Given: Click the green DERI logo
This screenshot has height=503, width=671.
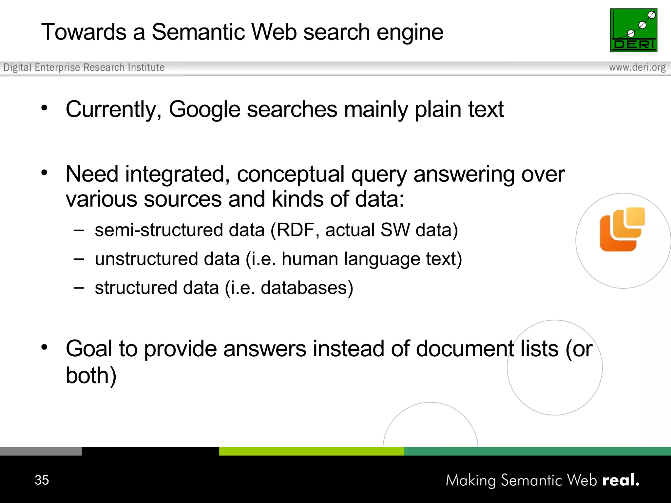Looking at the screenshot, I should point(634,30).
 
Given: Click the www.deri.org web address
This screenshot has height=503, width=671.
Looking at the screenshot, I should point(637,67).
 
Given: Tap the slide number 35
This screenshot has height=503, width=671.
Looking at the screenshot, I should point(42,480).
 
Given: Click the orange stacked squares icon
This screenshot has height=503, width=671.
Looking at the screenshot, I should point(622,229).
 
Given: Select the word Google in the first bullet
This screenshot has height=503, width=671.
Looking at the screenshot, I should point(204,109).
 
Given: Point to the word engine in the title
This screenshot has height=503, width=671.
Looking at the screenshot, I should point(410,33).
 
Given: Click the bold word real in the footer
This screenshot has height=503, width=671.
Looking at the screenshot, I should point(621,480).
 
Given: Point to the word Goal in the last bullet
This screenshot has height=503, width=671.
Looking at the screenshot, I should point(89,348).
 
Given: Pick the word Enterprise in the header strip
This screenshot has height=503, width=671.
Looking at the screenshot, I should point(57,67).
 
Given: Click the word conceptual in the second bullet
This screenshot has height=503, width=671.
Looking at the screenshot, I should point(291,174).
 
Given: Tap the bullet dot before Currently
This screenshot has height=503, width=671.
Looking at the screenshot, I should point(45,108).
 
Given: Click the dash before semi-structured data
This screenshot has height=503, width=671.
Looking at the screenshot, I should point(79,230).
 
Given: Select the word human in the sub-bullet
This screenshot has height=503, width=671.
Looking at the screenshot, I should point(310,259).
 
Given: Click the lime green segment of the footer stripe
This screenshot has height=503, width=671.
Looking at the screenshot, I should point(312,451).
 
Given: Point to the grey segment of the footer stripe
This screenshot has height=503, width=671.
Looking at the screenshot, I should point(41,451).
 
